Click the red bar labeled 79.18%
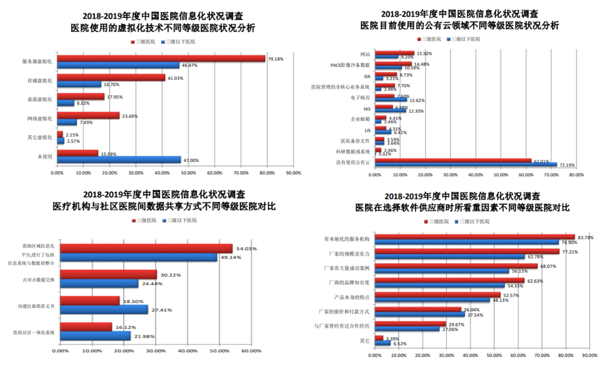[x=161, y=58]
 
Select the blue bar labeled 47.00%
[x=119, y=160]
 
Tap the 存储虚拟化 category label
[x=40, y=81]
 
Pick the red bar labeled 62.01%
[x=453, y=160]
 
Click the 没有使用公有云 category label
[x=352, y=162]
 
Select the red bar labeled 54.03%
[x=146, y=249]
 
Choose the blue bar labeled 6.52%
[x=383, y=343]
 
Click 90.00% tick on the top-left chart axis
[x=293, y=173]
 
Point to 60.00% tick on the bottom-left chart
[x=252, y=350]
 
